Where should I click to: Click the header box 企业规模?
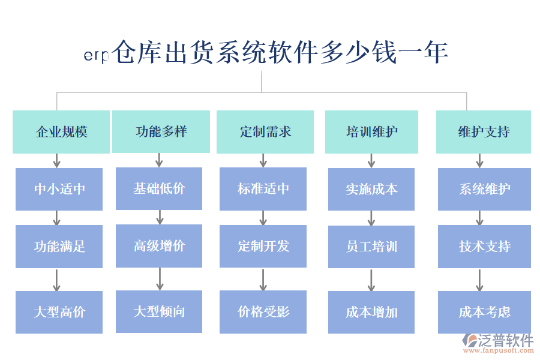coord(61,131)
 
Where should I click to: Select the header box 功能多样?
coord(161,131)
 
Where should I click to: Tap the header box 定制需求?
coord(265,131)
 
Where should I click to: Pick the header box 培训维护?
coord(372,131)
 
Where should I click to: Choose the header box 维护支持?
coord(483,131)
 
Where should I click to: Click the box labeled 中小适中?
coord(59,189)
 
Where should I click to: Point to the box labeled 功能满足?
coord(59,246)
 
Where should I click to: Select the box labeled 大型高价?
coord(59,312)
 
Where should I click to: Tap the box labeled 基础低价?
coord(159,188)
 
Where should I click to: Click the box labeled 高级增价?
coord(159,245)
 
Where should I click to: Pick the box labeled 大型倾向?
coord(159,311)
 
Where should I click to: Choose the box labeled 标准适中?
coord(263,188)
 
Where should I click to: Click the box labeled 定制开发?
coord(263,245)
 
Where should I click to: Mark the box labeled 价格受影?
coord(263,311)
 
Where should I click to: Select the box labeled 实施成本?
coord(371,189)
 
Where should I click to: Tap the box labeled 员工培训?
coord(371,246)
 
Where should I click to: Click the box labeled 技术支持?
coord(484,246)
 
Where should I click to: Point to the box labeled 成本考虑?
coord(484,312)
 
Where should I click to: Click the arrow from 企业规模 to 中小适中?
coord(57,160)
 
